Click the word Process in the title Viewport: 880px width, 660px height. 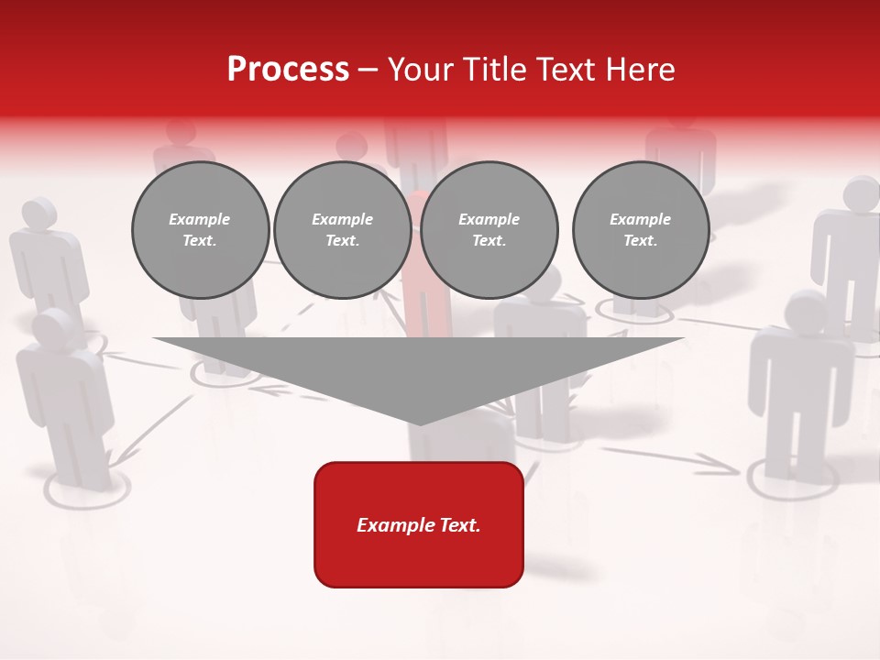pyautogui.click(x=288, y=70)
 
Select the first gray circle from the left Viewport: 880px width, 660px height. pyautogui.click(x=200, y=230)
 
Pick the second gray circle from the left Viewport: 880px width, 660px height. pyautogui.click(x=342, y=230)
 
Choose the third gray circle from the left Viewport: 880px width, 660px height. pyautogui.click(x=489, y=230)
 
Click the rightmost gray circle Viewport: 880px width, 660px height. pyautogui.click(x=640, y=230)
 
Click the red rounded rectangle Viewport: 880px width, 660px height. pyautogui.click(x=419, y=524)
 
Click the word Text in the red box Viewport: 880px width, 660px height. pyautogui.click(x=458, y=525)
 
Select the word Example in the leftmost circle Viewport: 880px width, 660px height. pyautogui.click(x=200, y=219)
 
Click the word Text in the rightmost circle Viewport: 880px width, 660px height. pyautogui.click(x=640, y=240)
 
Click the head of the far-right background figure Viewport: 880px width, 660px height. pyautogui.click(x=861, y=193)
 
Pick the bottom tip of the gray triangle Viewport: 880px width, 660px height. pyautogui.click(x=419, y=423)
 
